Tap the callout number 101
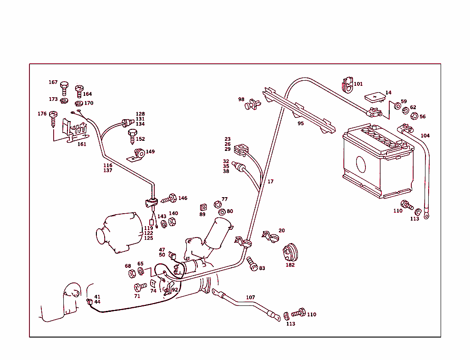(358, 84)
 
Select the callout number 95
(301, 123)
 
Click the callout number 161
(82, 144)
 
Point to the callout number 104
(425, 136)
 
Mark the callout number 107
(250, 298)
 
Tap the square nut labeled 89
(202, 207)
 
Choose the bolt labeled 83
(252, 263)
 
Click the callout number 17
(270, 182)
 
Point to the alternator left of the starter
(118, 233)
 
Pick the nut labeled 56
(413, 116)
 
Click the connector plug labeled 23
(241, 150)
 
